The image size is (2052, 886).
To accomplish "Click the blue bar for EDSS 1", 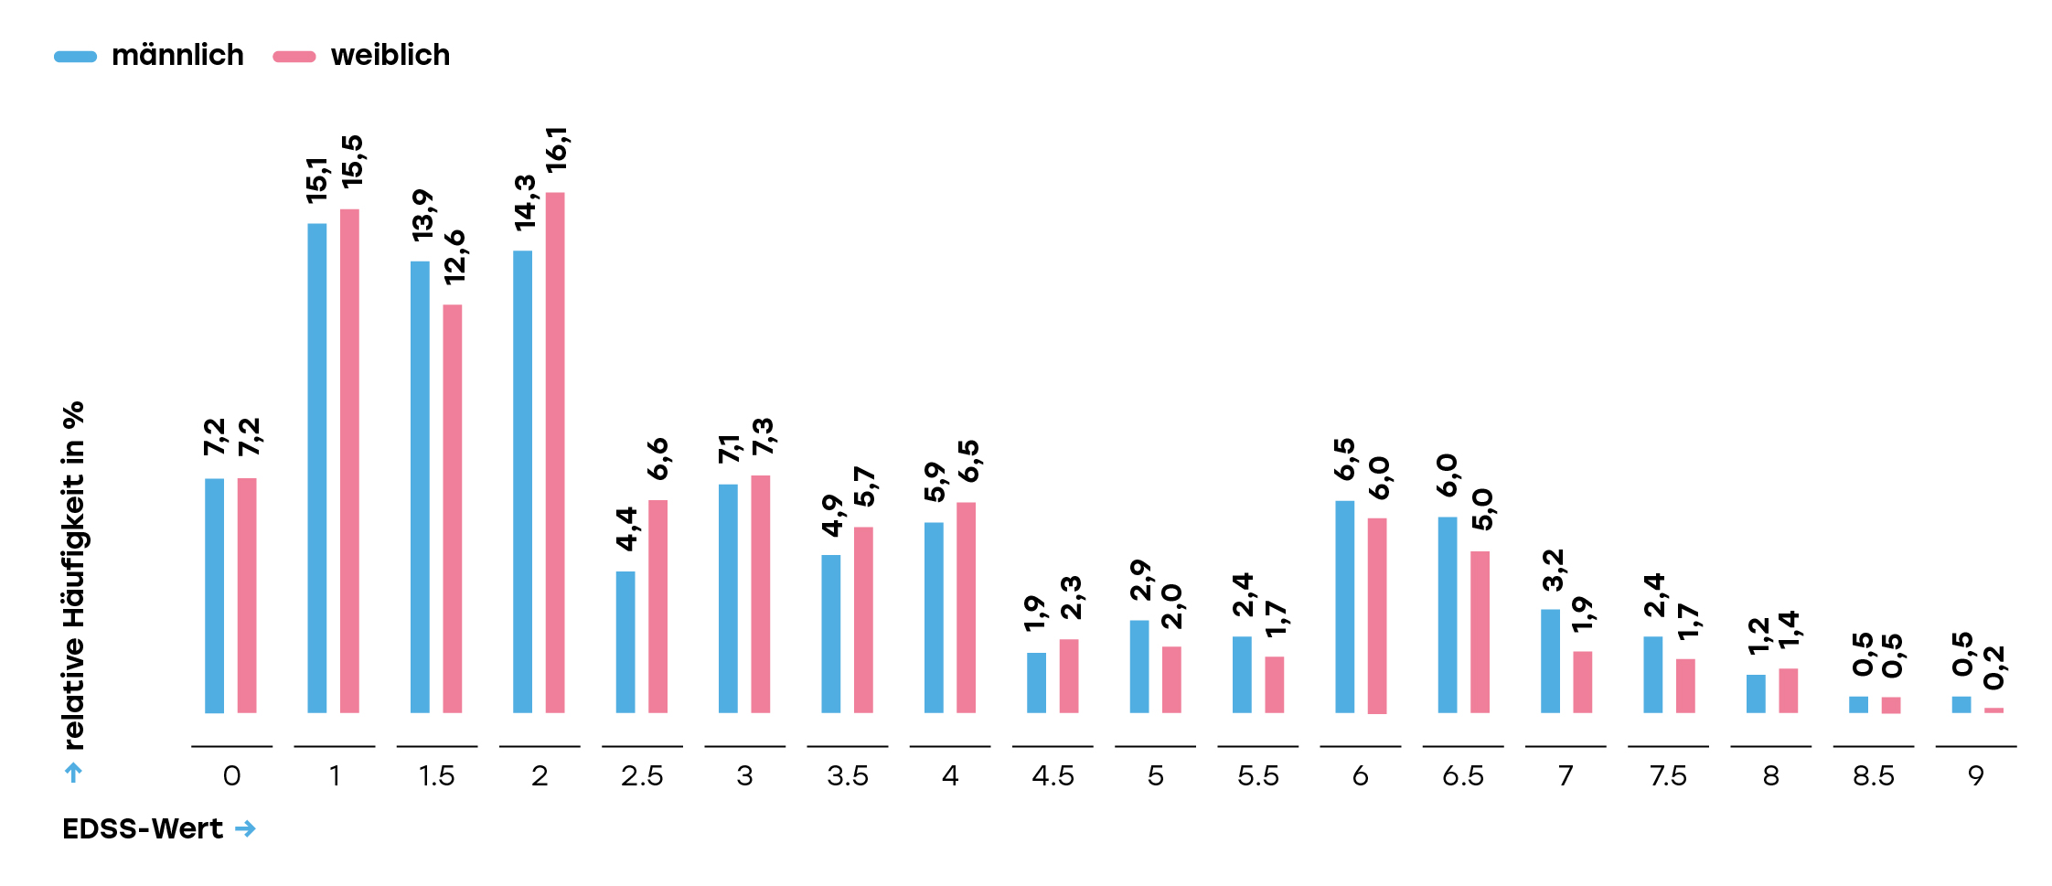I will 316,468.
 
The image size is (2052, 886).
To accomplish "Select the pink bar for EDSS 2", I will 555,453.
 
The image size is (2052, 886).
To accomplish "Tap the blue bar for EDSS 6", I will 1344,606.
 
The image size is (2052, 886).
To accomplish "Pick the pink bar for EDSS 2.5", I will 657,606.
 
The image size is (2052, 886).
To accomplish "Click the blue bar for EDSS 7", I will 1550,661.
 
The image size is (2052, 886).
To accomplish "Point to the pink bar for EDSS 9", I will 1993,710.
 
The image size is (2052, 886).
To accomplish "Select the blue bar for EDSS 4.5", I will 1036,682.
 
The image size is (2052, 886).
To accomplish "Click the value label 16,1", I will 556,150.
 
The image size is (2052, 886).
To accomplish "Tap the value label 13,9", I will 422,216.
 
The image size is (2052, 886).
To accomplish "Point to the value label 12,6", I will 454,258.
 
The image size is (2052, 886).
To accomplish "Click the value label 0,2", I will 1994,667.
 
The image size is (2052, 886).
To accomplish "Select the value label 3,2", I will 1553,571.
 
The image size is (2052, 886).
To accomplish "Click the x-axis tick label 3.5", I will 848,776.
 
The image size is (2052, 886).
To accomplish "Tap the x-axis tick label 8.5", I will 1874,776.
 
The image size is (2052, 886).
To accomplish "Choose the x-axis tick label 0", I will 231,776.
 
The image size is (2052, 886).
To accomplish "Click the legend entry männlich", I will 177,56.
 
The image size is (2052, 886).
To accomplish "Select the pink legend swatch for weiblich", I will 294,57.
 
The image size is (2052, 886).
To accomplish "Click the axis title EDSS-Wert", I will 143,828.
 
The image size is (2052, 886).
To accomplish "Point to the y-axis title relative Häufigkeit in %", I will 74,576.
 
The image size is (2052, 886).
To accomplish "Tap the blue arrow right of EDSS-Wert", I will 245,828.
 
